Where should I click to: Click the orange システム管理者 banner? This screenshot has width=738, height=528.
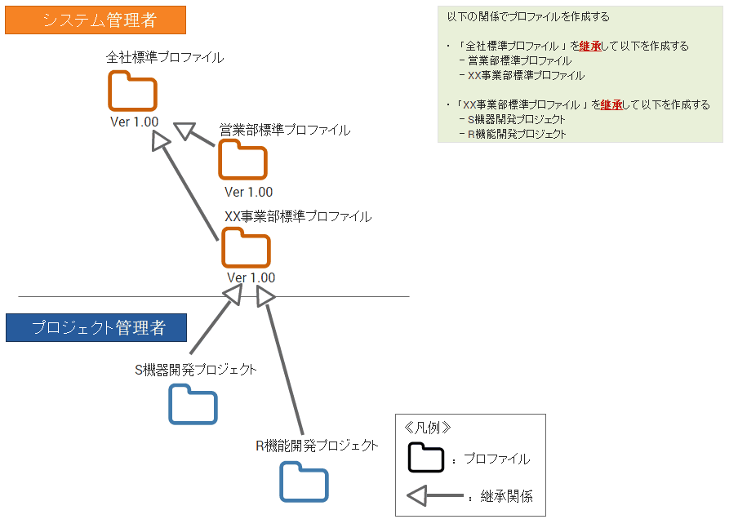[96, 20]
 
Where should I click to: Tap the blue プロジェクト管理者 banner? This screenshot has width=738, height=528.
[96, 328]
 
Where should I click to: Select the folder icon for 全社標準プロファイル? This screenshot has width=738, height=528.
[131, 91]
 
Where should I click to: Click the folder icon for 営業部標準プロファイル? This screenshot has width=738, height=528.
[242, 160]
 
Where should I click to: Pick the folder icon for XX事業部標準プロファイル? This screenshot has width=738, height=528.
[246, 247]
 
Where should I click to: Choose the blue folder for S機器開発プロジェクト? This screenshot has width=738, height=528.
[193, 404]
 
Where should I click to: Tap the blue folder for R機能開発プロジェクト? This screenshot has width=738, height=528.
[304, 481]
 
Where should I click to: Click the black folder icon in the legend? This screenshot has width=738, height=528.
[425, 459]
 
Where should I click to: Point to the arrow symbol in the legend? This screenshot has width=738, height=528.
[433, 495]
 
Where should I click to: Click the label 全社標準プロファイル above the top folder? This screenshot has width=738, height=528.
[165, 58]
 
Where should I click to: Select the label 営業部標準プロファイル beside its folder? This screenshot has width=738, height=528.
[285, 130]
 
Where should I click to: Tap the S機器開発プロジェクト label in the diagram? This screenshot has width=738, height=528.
[196, 370]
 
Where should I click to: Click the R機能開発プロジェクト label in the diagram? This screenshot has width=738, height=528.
[317, 446]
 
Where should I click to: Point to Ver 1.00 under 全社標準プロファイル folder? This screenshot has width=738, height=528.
[134, 122]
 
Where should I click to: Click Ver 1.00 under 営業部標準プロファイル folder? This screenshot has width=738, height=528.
[248, 192]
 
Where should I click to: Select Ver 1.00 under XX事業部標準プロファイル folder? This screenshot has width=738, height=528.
[251, 277]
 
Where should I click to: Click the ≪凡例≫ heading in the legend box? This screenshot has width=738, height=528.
[428, 427]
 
